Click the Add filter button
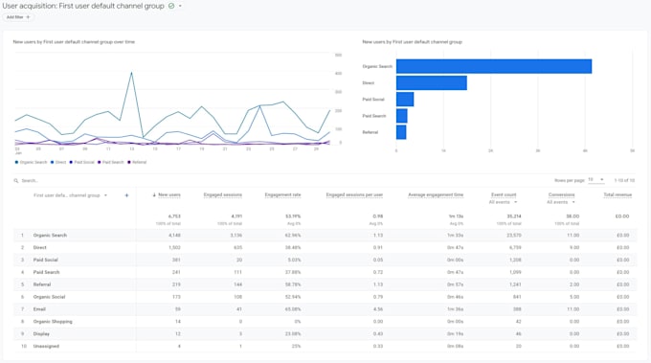click(x=18, y=17)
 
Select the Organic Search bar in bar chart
click(x=493, y=66)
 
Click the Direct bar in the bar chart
click(x=431, y=83)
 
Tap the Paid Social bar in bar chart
click(x=405, y=100)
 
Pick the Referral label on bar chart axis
click(x=370, y=132)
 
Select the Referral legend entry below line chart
click(x=138, y=162)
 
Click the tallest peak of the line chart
click(x=131, y=73)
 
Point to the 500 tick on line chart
click(x=338, y=56)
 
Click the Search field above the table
click(x=57, y=180)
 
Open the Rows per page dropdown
click(x=595, y=180)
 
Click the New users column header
click(x=168, y=194)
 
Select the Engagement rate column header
click(x=282, y=194)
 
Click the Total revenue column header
click(x=617, y=194)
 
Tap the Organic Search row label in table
click(x=50, y=235)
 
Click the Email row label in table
click(x=40, y=308)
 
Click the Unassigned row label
click(x=46, y=346)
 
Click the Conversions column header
click(x=561, y=194)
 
